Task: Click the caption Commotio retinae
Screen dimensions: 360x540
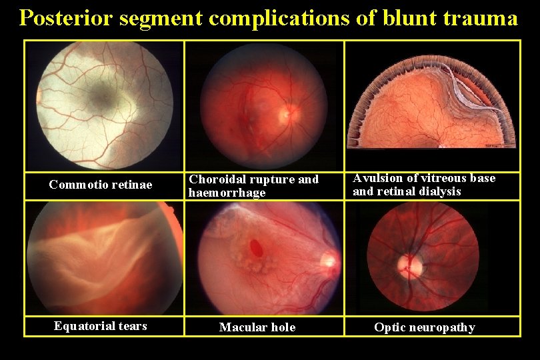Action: pos(101,185)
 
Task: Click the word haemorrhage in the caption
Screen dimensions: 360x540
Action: pos(227,193)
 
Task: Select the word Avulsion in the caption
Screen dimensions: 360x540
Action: pos(375,178)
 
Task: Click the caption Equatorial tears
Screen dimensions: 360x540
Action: pos(101,326)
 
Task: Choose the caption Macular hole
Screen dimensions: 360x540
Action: pos(257,327)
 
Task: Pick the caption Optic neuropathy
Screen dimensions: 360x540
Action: pos(425,327)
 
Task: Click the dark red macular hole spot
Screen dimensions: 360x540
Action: pos(255,248)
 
